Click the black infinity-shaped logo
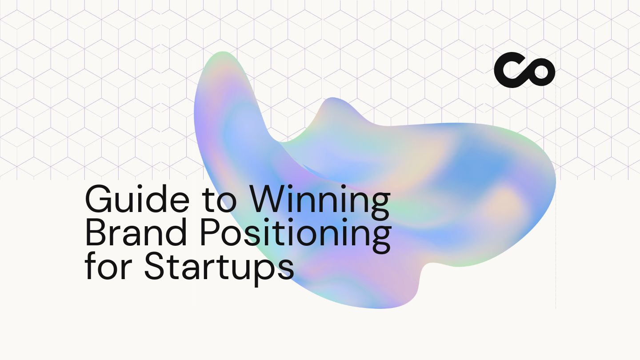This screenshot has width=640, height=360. point(524,70)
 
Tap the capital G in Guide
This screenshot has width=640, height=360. point(98,200)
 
